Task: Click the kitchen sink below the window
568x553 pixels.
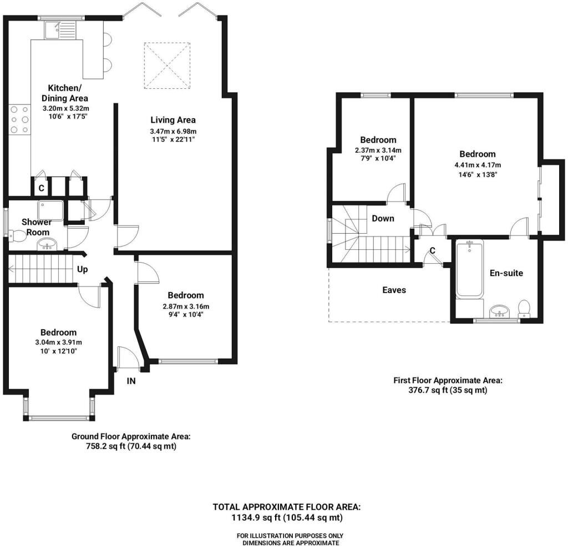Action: [60, 30]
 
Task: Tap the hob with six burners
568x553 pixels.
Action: [19, 119]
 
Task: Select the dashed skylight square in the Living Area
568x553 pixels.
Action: [167, 66]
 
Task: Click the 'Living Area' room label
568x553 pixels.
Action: [173, 120]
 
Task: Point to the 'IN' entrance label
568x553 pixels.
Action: [131, 381]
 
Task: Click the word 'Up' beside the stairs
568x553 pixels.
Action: [82, 269]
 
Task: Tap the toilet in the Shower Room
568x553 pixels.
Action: [17, 236]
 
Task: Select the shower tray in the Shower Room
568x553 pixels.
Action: [50, 210]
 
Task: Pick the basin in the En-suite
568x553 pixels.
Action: [500, 311]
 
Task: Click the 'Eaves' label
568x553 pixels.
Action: [394, 290]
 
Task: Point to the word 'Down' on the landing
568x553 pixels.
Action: [383, 218]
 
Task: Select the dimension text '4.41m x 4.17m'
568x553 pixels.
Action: [478, 165]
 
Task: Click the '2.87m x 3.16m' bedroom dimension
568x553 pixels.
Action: [186, 306]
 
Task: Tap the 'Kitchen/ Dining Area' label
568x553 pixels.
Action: [64, 93]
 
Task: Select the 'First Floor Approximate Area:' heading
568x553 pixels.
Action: [448, 380]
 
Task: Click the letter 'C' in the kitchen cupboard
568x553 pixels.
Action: [41, 188]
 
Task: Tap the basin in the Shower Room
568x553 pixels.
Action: [47, 244]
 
